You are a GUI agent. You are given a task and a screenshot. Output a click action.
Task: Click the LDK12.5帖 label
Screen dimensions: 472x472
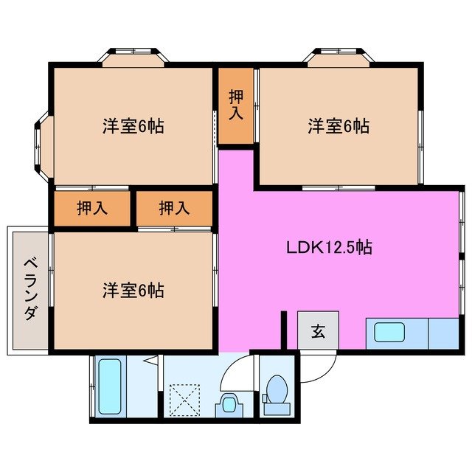[x=328, y=248]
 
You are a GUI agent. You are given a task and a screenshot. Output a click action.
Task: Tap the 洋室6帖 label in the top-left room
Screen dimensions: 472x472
[x=133, y=126]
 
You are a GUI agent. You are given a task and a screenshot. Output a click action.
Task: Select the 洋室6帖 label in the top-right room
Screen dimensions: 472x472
[x=339, y=126]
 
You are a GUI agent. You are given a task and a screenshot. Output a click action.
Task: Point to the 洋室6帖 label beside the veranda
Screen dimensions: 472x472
[x=133, y=290]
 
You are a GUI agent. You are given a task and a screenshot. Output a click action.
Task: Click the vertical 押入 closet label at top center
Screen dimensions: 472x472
[x=235, y=105]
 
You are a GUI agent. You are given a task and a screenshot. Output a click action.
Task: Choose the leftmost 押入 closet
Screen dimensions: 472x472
[x=92, y=208]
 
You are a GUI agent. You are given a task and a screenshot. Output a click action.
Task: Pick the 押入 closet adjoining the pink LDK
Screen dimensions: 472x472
[x=174, y=208]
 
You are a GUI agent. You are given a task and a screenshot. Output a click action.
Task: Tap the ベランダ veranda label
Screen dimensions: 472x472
[x=30, y=288]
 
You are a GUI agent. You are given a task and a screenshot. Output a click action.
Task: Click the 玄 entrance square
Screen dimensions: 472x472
[x=317, y=331]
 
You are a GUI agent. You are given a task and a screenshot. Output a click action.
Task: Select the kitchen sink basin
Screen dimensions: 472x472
[x=396, y=332]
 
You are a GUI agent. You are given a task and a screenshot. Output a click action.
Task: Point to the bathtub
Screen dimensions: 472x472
[x=109, y=386]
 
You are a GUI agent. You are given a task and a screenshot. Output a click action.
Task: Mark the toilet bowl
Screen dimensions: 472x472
[x=278, y=389]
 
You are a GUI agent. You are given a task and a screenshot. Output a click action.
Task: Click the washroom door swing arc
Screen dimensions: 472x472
[x=235, y=373]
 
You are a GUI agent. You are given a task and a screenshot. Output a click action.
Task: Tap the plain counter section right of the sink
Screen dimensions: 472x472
[x=444, y=332]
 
